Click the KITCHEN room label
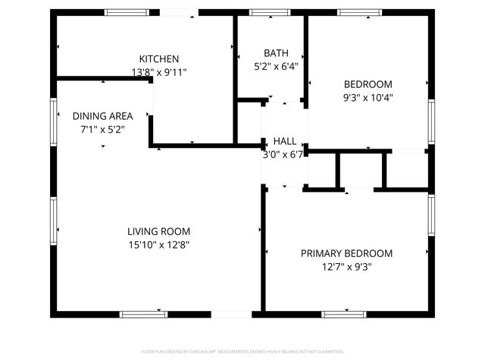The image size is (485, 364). click(x=158, y=59)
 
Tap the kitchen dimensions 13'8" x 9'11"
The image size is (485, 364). click(x=158, y=72)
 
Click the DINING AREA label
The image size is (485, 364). click(x=102, y=116)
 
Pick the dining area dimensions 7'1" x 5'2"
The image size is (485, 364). click(x=102, y=129)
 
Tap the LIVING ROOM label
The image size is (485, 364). click(x=158, y=231)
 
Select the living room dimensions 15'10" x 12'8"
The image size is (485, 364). click(x=158, y=244)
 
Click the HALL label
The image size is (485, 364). click(x=285, y=141)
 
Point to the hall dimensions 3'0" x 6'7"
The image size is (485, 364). click(x=283, y=154)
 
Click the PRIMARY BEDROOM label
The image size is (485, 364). click(x=346, y=253)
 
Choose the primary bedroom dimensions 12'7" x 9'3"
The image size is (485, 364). click(x=346, y=266)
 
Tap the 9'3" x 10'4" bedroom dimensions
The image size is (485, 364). click(x=368, y=97)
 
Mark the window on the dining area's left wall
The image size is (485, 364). click(x=54, y=121)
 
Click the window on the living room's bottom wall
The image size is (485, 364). click(x=144, y=313)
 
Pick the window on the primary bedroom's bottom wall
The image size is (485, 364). click(x=344, y=313)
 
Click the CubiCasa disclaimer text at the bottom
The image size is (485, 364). click(x=242, y=352)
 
